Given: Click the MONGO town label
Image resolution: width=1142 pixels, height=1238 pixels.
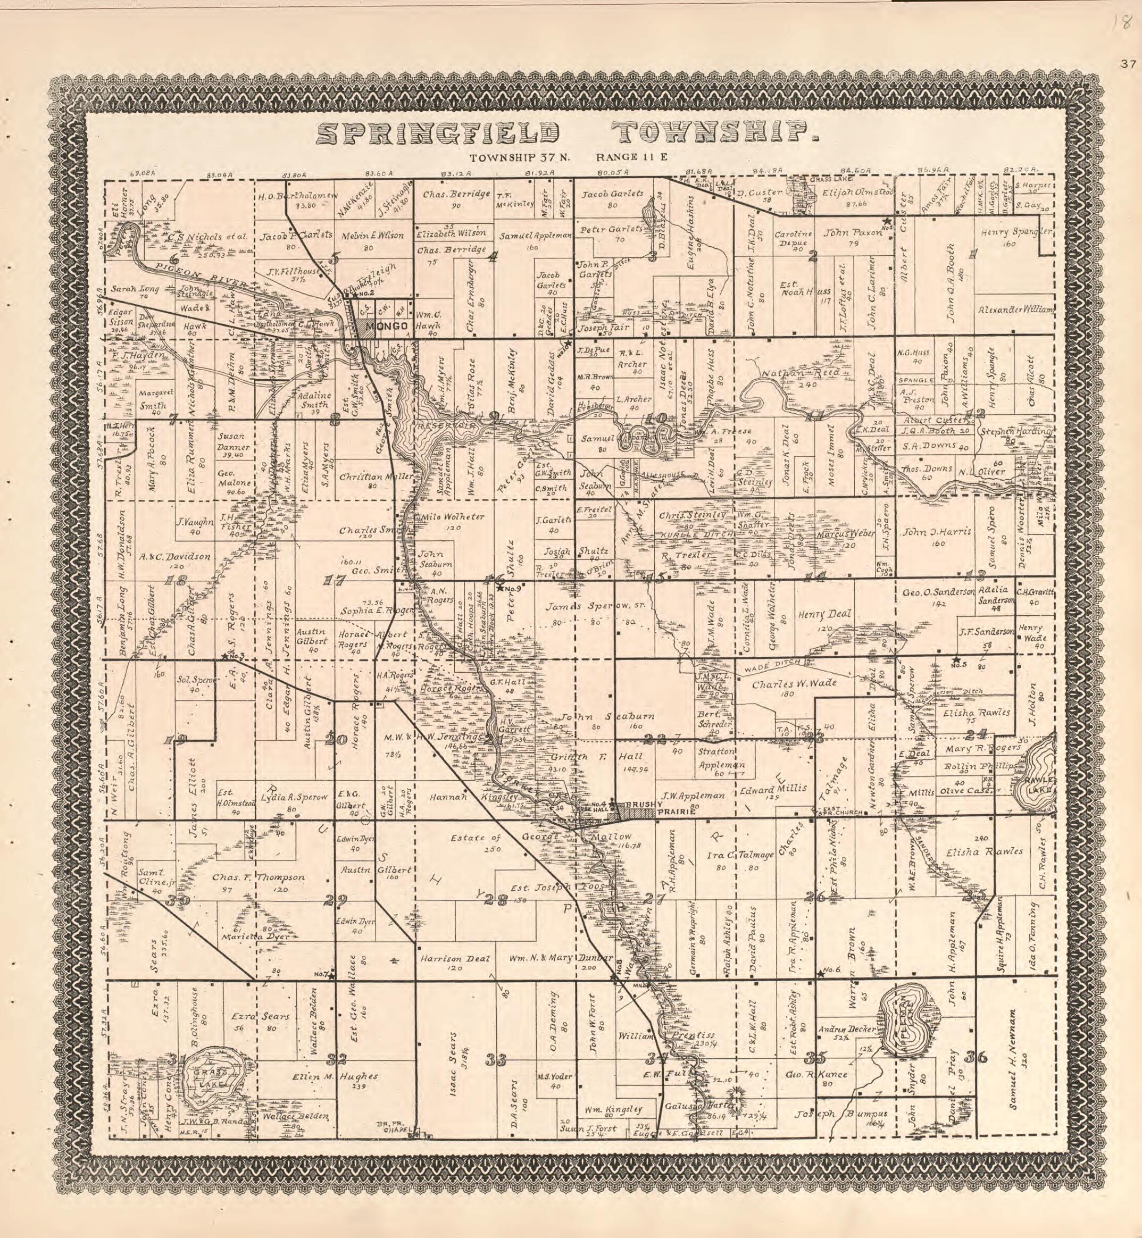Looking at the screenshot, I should pyautogui.click(x=387, y=326).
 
